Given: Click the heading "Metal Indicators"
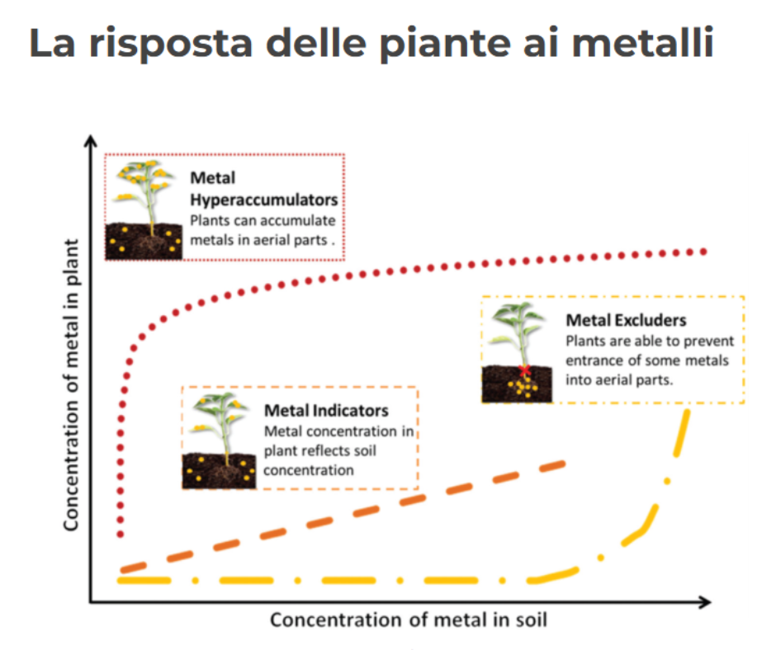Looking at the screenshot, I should pyautogui.click(x=326, y=410).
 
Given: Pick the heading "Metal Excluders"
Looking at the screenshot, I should pyautogui.click(x=626, y=320).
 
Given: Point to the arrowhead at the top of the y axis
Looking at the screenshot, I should pyautogui.click(x=92, y=142).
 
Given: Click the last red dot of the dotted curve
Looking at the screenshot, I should pyautogui.click(x=704, y=250).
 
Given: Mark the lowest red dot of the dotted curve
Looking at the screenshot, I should pyautogui.click(x=121, y=534).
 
